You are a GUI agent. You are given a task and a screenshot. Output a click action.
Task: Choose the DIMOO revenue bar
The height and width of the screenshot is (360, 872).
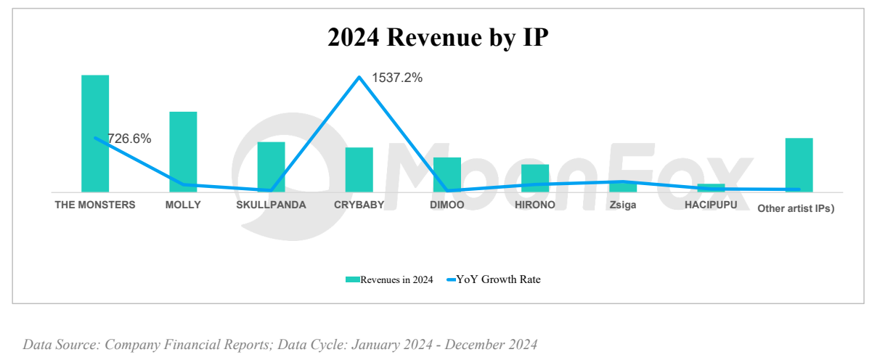click(447, 174)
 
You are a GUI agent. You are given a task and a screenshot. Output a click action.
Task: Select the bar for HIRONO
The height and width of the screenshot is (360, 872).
click(535, 178)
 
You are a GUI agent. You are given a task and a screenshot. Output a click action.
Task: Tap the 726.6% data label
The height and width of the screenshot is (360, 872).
click(129, 139)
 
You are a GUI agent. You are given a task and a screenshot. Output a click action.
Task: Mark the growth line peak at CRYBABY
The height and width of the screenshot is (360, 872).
click(359, 77)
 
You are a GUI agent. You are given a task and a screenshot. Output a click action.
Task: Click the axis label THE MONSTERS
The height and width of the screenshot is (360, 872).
click(95, 205)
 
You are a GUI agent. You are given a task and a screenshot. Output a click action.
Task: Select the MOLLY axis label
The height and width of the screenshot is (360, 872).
click(183, 205)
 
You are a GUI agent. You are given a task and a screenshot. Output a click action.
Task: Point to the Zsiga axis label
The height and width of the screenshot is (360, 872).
click(623, 205)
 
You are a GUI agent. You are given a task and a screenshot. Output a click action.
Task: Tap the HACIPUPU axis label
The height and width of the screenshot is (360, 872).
click(711, 205)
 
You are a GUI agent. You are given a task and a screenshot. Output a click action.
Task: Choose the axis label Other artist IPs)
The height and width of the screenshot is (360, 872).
click(796, 208)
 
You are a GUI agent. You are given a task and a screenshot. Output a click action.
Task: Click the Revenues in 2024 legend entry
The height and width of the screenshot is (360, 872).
click(390, 279)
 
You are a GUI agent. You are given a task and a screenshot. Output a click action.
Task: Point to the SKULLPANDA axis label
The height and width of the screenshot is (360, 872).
click(271, 205)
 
